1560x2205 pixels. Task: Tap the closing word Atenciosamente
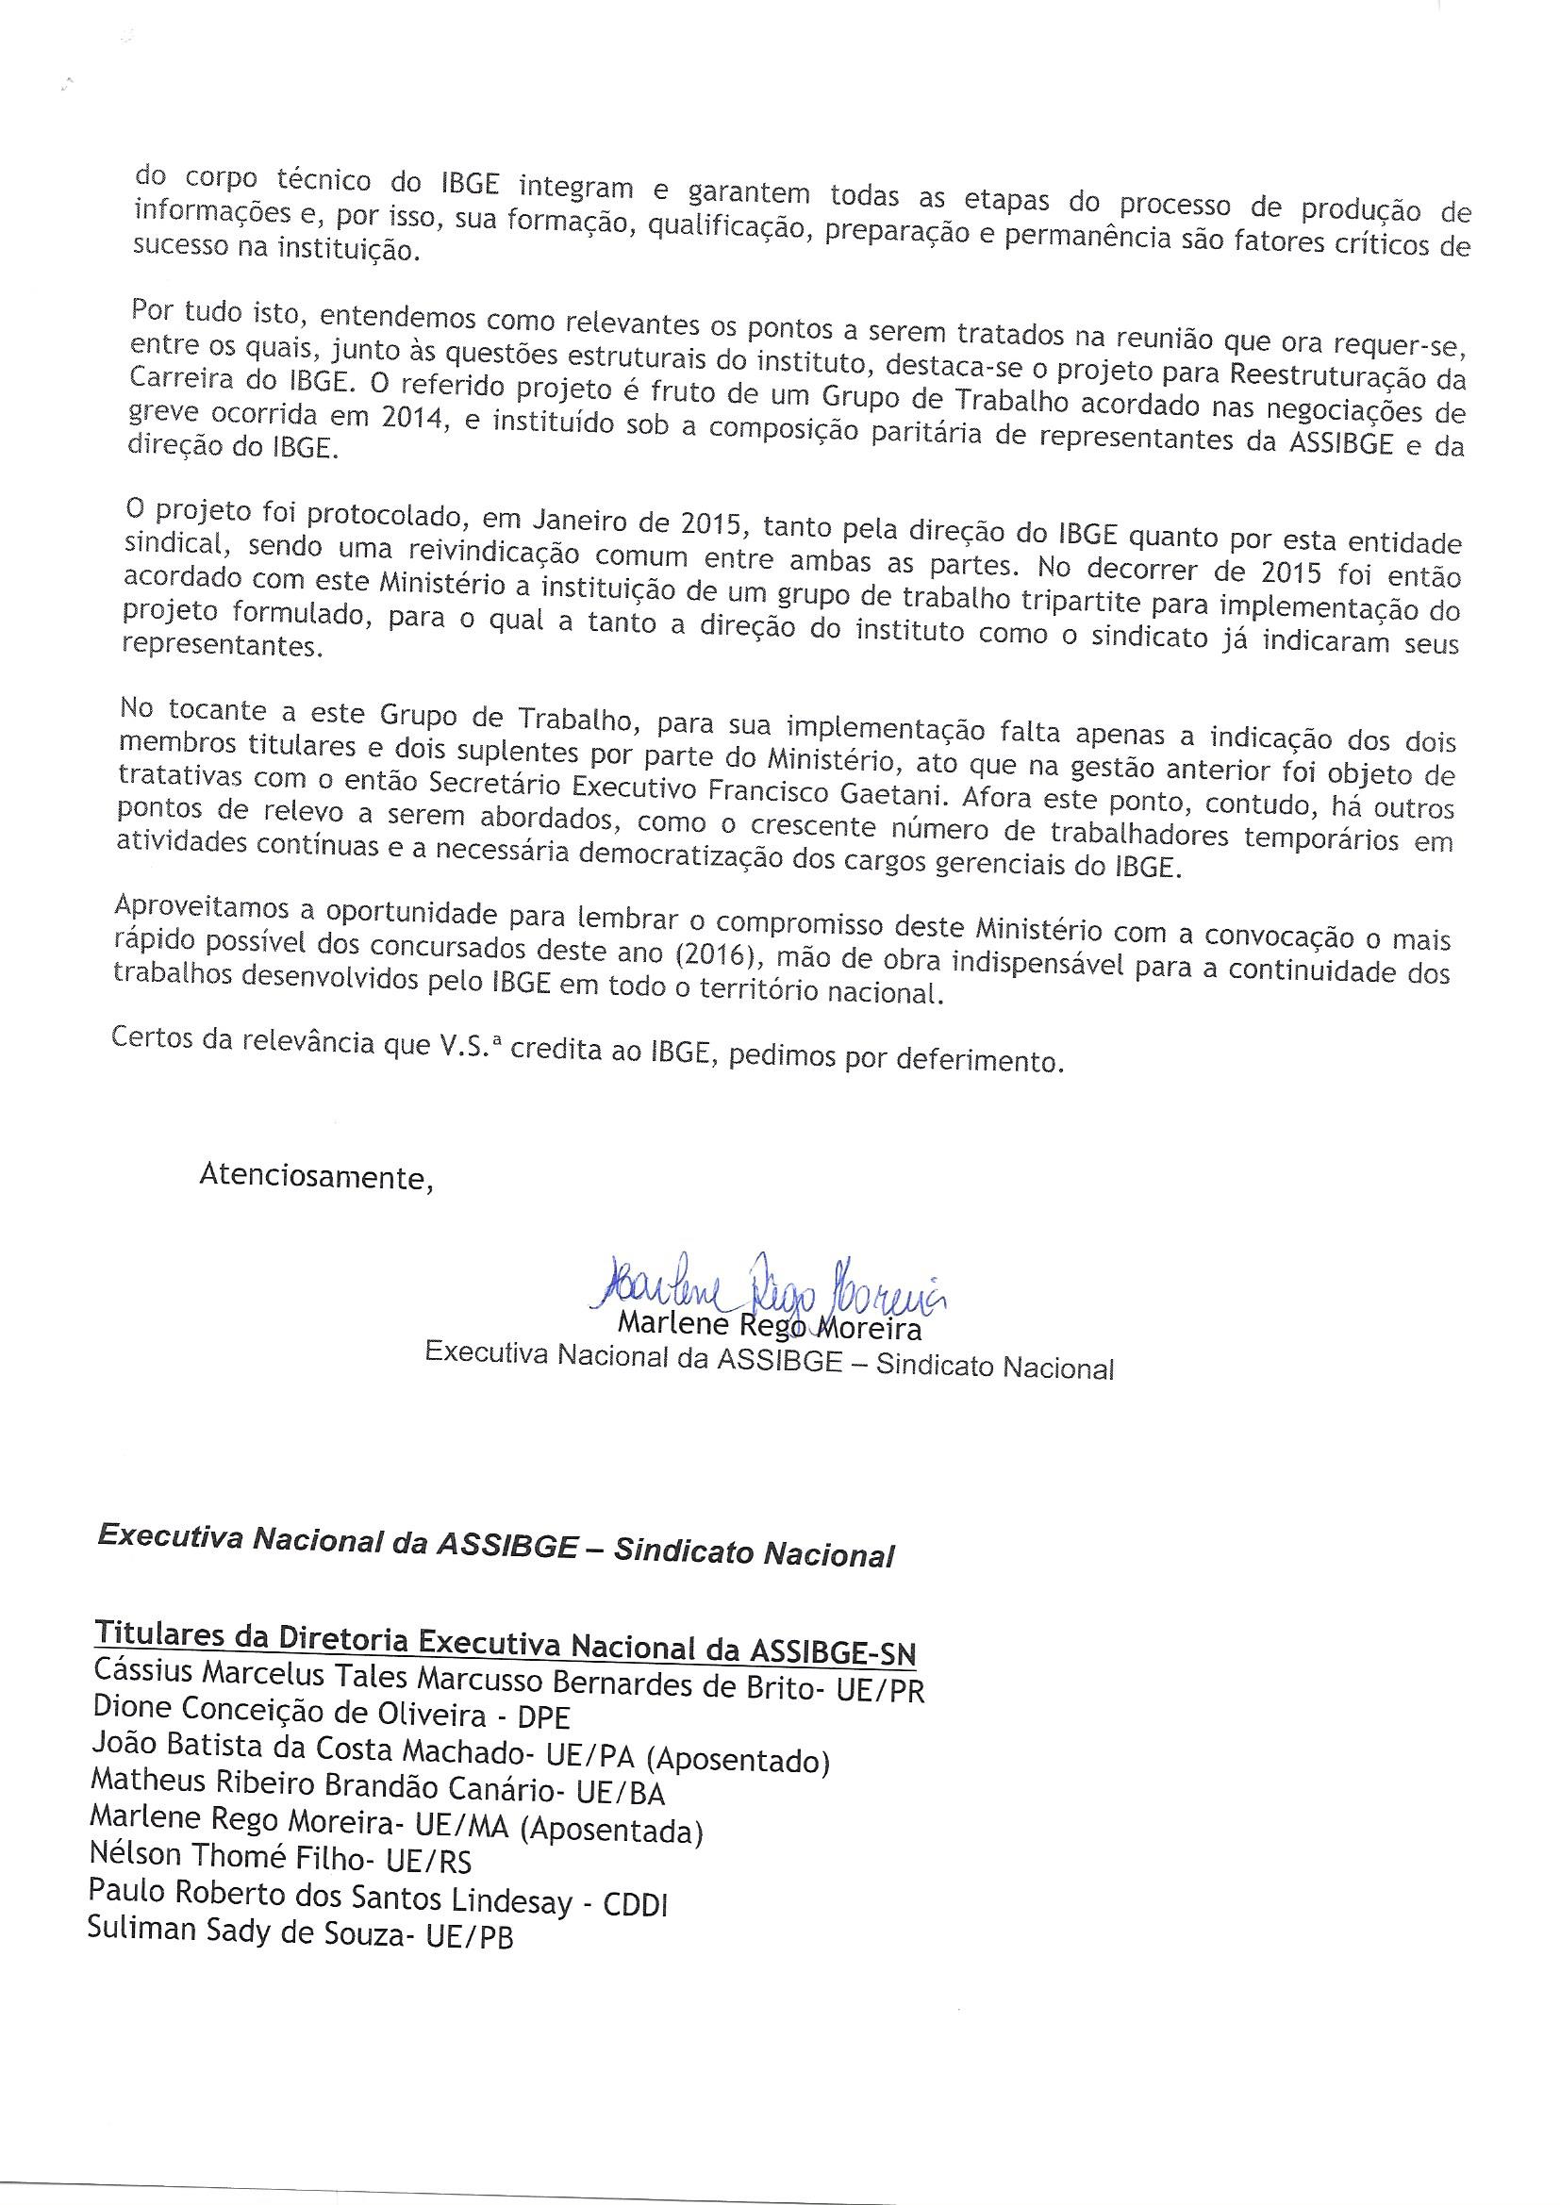click(x=315, y=1176)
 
